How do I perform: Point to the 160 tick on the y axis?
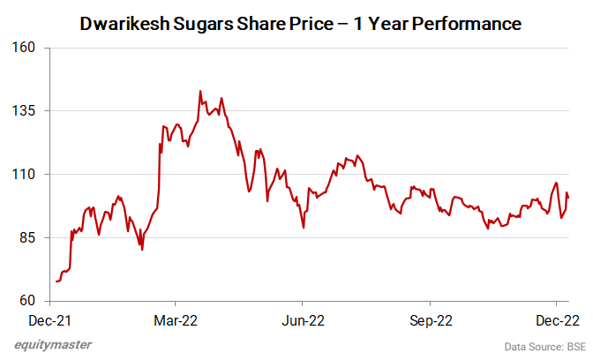coord(34,47)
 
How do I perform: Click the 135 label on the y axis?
coord(34,110)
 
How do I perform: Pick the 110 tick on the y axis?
coord(34,174)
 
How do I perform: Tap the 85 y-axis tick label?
coord(36,237)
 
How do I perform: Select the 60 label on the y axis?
coord(36,301)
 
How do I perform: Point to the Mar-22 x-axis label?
coord(176,319)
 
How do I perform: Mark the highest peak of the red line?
coord(200,91)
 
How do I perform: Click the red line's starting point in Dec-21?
coord(56,281)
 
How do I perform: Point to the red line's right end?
coord(568,197)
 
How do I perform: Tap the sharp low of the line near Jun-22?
coord(304,228)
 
